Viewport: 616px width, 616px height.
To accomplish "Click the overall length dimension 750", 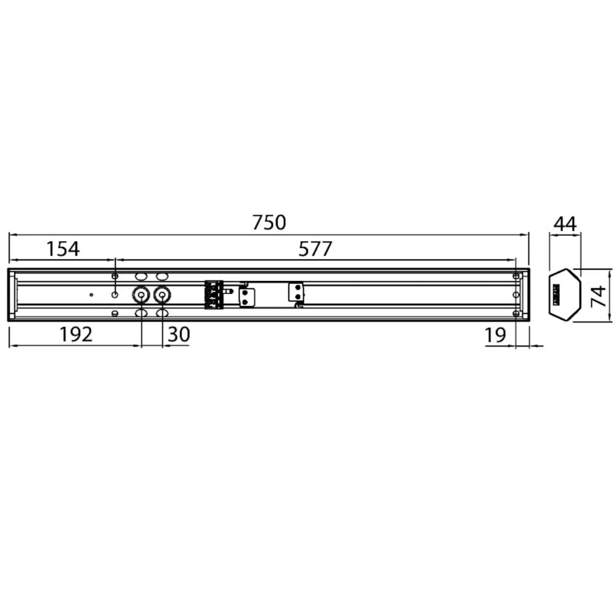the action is pyautogui.click(x=269, y=222).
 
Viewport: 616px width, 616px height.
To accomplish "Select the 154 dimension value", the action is pyautogui.click(x=63, y=249).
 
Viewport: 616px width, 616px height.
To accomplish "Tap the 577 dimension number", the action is pyautogui.click(x=315, y=249).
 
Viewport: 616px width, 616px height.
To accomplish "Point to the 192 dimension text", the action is pyautogui.click(x=76, y=334).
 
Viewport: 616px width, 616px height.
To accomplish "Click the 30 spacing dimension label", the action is pyautogui.click(x=179, y=334).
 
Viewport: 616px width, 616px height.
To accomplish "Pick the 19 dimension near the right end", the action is pyautogui.click(x=495, y=335).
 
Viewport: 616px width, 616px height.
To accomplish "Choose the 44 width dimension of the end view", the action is pyautogui.click(x=565, y=224).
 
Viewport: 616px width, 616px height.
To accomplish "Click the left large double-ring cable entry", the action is pyautogui.click(x=140, y=294).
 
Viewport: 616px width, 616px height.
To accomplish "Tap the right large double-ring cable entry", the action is pyautogui.click(x=162, y=294).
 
